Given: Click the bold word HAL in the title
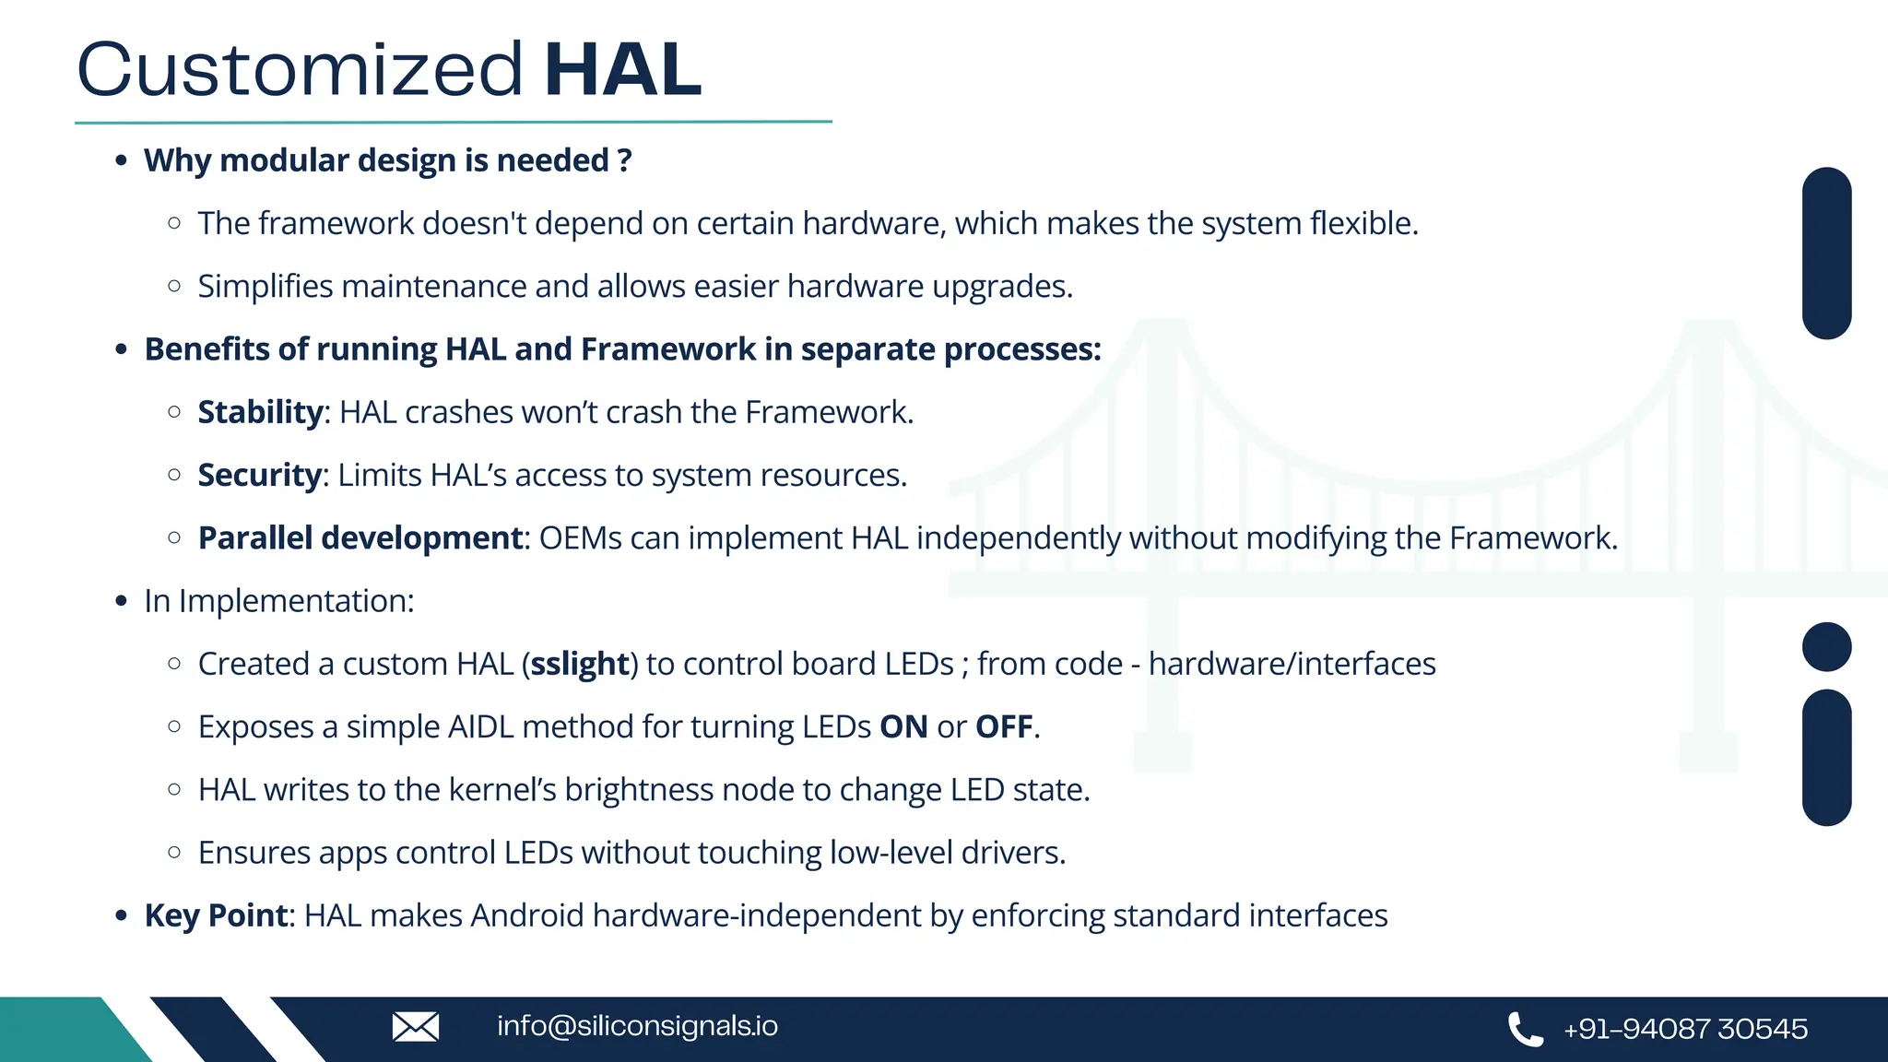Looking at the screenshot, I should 622,70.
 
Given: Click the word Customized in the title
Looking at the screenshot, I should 301,70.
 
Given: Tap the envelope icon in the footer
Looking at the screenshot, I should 415,1026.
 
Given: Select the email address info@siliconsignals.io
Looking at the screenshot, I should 637,1026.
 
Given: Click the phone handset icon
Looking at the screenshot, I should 1525,1029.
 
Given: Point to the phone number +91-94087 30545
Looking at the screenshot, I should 1685,1029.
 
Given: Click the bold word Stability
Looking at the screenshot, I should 260,412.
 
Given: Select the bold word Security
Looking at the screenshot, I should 259,475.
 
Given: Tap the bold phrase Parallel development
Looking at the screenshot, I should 360,537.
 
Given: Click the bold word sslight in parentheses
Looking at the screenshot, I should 580,664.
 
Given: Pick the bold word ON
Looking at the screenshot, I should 903,726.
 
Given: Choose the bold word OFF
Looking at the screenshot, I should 1004,726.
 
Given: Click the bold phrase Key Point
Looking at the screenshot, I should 216,915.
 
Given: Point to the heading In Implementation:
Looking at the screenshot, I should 278,601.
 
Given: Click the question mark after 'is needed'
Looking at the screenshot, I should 625,160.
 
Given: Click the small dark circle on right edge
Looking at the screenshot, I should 1826,646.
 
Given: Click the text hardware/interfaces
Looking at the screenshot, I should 1292,664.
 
